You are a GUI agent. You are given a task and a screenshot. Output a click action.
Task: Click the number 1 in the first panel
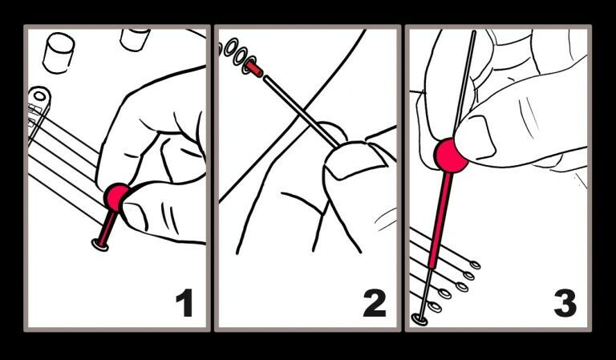pos(184,302)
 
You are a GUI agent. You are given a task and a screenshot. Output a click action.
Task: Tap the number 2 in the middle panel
pos(375,302)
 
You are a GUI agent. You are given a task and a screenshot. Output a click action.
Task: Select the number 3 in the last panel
pos(565,302)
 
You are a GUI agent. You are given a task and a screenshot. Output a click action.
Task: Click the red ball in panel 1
pos(115,197)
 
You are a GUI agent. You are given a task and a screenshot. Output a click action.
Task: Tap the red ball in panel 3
pos(451,156)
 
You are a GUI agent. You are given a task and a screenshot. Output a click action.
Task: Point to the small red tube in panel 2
pos(254,69)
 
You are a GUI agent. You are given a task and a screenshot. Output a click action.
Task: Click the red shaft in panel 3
pos(440,220)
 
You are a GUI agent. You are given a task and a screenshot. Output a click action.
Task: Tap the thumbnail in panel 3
pos(476,136)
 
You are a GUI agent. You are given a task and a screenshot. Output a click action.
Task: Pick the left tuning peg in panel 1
pos(59,52)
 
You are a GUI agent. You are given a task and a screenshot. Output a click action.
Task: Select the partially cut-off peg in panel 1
pos(135,38)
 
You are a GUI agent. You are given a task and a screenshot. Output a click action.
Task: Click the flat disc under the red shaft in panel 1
pos(100,245)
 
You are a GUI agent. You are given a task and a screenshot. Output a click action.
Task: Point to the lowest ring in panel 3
pos(419,319)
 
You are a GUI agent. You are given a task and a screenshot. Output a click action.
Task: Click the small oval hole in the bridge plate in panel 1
pos(39,95)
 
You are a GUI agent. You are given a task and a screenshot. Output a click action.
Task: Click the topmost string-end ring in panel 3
pos(475,265)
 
